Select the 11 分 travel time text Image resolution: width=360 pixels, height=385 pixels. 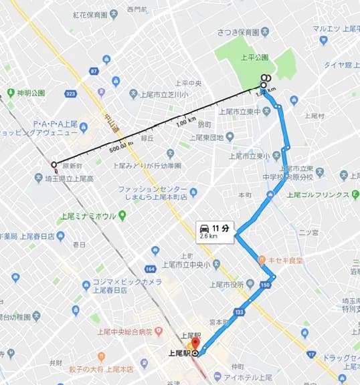221,228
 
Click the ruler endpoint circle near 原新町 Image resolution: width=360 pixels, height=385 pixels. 54,164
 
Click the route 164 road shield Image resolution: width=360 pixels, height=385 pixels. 150,269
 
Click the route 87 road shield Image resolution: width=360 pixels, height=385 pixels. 94,70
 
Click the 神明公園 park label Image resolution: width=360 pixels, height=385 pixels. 31,93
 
